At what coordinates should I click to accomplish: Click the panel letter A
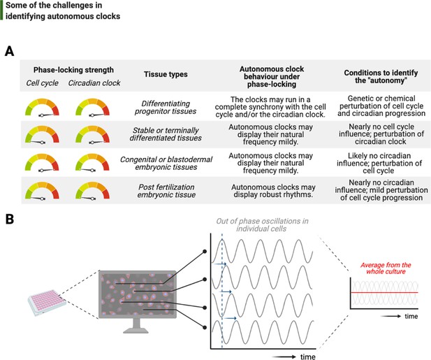(x=9, y=52)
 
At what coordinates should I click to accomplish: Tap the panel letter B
(x=10, y=219)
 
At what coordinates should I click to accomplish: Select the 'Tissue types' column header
(x=166, y=74)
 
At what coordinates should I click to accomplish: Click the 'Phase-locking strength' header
(x=73, y=70)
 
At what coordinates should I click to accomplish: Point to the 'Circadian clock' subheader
(x=94, y=82)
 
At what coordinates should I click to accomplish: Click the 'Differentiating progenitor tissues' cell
(x=166, y=107)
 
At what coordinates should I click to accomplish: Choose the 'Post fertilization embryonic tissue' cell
(x=166, y=191)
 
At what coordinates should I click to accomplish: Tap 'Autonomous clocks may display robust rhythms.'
(x=273, y=191)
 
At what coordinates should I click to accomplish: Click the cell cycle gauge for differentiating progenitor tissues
(x=42, y=108)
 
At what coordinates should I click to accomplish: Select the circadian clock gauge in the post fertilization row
(x=92, y=191)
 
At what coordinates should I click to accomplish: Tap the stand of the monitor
(x=136, y=326)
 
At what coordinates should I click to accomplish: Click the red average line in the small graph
(x=384, y=293)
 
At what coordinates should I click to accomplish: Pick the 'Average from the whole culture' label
(x=386, y=268)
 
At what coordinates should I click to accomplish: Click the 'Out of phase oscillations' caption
(x=262, y=224)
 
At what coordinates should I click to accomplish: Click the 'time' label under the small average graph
(x=411, y=316)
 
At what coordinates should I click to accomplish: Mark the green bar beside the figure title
(x=1, y=10)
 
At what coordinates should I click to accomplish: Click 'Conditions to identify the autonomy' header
(x=381, y=76)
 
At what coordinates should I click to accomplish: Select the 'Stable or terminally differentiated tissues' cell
(x=166, y=134)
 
